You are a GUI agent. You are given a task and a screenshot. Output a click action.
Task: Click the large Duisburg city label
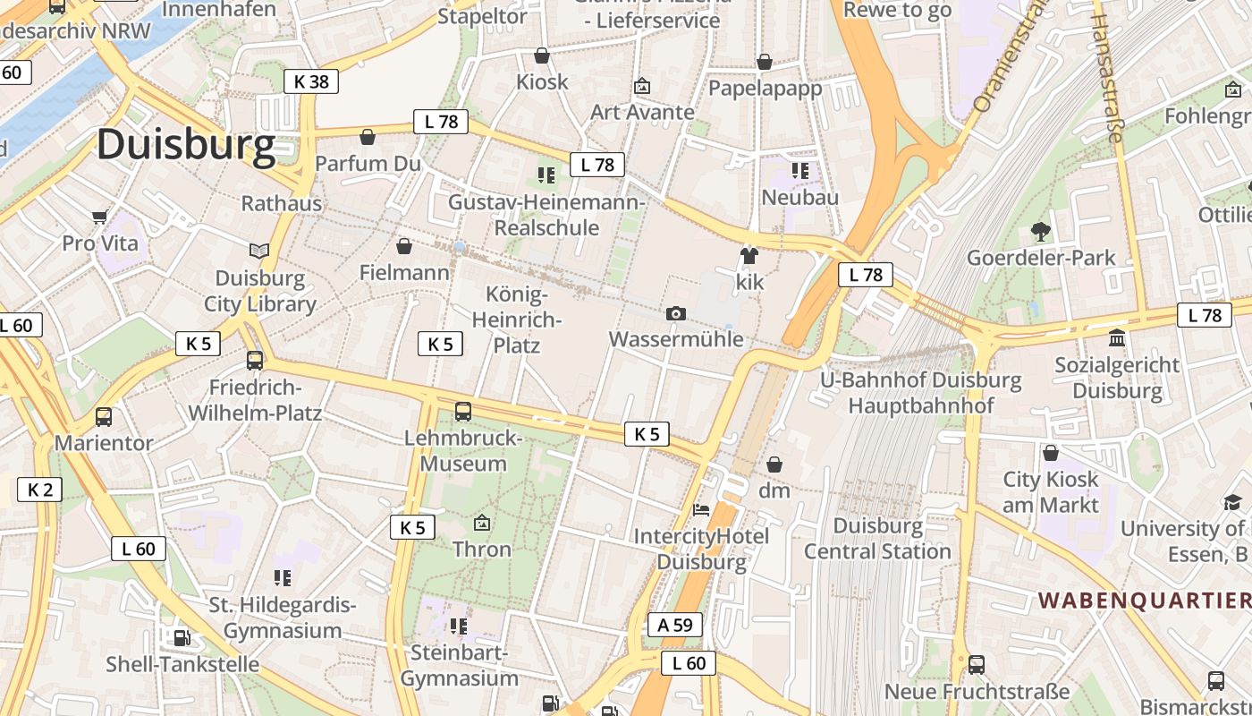[186, 145]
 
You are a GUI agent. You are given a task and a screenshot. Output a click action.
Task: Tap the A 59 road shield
[675, 625]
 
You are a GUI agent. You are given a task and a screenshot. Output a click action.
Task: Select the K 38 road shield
[311, 81]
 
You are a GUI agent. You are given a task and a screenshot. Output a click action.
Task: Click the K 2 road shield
[39, 490]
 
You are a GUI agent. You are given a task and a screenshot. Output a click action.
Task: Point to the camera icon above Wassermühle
[676, 313]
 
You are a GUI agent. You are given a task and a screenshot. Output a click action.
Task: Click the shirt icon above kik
[749, 256]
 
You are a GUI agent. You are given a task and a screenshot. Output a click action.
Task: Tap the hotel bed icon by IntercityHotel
[702, 510]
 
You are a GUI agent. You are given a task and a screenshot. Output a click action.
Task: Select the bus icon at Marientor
[104, 417]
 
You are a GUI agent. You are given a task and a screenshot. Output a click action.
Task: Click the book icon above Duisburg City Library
[259, 251]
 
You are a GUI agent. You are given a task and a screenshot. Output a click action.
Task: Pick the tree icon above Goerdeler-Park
[1040, 232]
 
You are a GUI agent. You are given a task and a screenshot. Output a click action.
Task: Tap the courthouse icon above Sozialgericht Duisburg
[1117, 338]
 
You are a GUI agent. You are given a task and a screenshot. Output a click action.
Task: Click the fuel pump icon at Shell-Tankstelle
[182, 638]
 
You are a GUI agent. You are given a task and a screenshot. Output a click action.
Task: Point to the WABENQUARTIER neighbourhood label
[1144, 600]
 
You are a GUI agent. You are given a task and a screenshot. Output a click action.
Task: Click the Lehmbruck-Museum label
[463, 451]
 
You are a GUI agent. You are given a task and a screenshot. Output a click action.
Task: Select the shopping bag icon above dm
[774, 465]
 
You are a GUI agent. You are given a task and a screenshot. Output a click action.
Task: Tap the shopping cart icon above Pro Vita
[99, 217]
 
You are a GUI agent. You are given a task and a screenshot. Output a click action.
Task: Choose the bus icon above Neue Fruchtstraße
[977, 665]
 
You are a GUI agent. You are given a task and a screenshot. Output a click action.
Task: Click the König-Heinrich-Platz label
[517, 319]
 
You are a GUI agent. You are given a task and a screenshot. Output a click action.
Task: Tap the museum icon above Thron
[482, 522]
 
